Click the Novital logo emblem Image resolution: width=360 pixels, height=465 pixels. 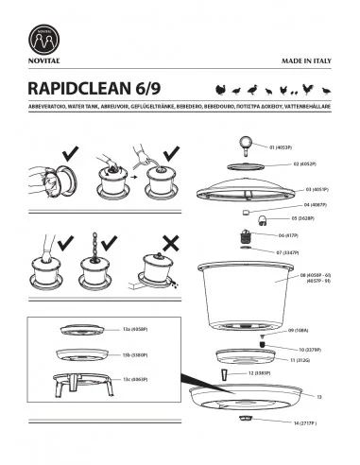(x=46, y=38)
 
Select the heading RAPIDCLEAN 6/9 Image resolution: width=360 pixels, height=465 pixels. (x=96, y=88)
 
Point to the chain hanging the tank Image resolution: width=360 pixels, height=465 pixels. (x=94, y=249)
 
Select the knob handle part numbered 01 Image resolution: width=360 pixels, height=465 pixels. (x=249, y=145)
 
